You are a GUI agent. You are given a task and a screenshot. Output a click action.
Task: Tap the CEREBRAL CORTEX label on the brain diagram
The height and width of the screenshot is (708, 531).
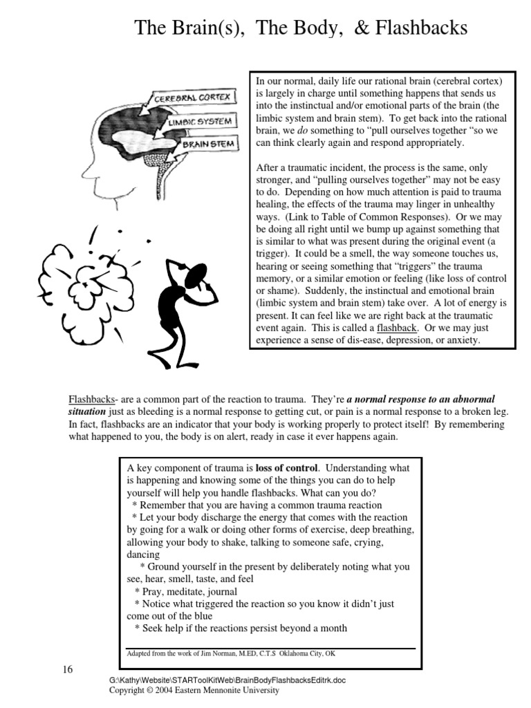[x=192, y=98]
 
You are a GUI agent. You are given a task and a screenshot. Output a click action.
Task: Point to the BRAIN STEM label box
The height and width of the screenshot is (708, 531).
[x=209, y=145]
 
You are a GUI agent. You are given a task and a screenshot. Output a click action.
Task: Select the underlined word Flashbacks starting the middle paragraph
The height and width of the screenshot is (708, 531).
[x=91, y=400]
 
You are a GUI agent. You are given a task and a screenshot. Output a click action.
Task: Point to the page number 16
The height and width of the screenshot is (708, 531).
[x=67, y=669]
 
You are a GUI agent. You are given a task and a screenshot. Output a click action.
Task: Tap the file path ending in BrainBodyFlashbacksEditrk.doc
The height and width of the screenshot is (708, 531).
[x=227, y=680]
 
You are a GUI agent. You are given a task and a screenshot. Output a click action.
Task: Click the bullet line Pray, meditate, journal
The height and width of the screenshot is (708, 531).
[x=186, y=591]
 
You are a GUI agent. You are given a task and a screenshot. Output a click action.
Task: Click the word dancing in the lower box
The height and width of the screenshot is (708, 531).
[x=143, y=555]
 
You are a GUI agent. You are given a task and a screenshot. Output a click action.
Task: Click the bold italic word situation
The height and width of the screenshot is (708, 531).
[x=91, y=411]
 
